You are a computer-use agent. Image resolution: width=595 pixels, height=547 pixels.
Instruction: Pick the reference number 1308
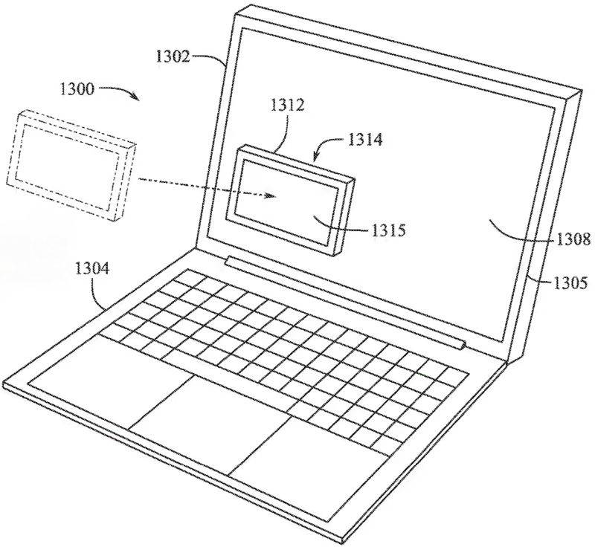[573, 239]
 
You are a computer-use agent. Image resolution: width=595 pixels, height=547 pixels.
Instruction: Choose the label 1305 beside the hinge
[570, 282]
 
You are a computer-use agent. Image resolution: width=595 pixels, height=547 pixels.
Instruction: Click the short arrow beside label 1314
[323, 150]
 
